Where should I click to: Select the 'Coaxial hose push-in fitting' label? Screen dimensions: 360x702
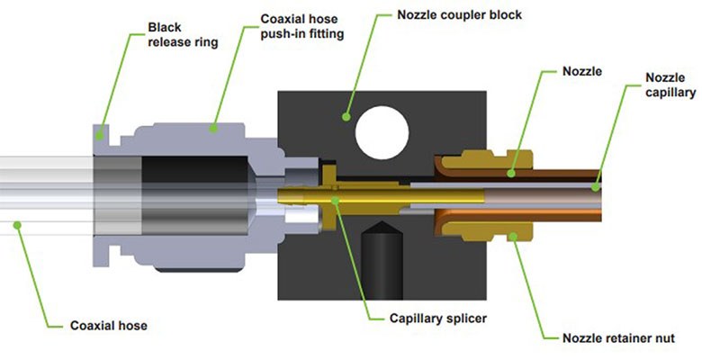point(296,24)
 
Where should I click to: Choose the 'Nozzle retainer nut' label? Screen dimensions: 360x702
point(618,338)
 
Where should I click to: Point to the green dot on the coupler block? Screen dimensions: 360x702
point(346,115)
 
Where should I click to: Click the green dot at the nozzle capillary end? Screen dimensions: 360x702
point(598,186)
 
